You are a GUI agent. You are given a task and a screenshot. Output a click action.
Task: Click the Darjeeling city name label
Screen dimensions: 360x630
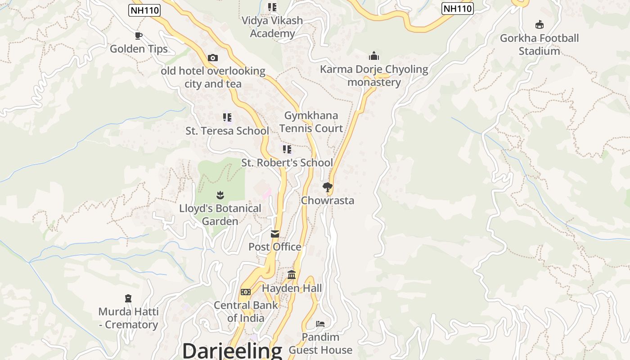click(x=232, y=351)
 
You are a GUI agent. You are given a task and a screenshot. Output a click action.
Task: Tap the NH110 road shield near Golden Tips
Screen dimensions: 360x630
click(x=144, y=10)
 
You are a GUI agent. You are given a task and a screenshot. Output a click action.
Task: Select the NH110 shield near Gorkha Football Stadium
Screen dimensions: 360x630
click(x=458, y=9)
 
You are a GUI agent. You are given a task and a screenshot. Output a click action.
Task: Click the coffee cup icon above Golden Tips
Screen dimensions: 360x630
click(x=139, y=36)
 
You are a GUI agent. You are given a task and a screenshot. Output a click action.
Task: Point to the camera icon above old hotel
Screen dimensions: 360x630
click(x=213, y=58)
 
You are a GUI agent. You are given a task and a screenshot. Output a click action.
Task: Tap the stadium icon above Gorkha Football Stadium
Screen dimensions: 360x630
click(x=539, y=24)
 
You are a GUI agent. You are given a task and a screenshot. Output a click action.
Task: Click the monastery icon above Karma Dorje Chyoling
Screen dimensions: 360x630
click(x=373, y=56)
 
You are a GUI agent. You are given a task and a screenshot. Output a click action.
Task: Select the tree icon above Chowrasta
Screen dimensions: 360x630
click(x=328, y=187)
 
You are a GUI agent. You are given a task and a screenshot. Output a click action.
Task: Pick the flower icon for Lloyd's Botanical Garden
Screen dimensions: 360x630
click(x=220, y=195)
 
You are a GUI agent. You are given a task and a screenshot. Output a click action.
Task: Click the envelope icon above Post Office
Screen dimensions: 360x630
click(x=275, y=234)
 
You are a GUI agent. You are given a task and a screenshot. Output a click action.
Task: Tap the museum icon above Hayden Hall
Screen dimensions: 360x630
click(x=292, y=274)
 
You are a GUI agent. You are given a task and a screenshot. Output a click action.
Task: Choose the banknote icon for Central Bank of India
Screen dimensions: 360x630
click(x=245, y=292)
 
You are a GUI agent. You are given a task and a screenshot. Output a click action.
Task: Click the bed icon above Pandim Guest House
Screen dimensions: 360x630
click(x=320, y=324)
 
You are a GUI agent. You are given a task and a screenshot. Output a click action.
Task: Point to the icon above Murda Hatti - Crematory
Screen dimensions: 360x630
click(x=128, y=298)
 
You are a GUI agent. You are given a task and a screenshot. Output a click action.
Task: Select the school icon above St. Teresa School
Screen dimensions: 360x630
click(x=227, y=117)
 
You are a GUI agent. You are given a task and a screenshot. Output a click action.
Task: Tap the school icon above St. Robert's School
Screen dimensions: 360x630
click(x=287, y=149)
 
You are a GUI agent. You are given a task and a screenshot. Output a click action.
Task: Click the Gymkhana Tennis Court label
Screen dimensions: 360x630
click(x=311, y=122)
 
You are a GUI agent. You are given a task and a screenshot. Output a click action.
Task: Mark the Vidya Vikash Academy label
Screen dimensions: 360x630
click(x=272, y=27)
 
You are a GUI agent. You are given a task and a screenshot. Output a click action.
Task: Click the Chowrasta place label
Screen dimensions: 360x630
click(x=328, y=201)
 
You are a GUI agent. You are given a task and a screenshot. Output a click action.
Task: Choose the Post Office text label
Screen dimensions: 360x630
click(x=275, y=247)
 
